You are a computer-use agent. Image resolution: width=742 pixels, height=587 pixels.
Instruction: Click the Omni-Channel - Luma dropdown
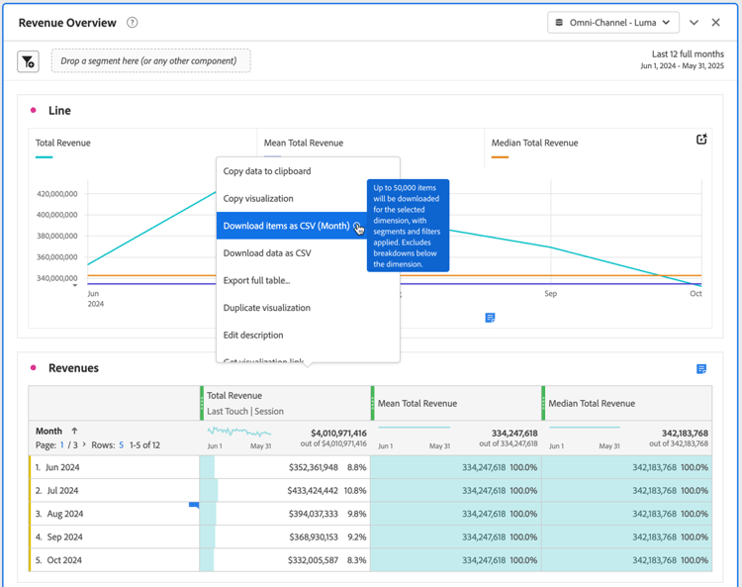coord(613,23)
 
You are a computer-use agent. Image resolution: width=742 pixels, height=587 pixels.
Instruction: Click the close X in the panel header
coord(716,23)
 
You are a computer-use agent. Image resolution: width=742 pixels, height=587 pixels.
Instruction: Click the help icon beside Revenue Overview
coord(133,23)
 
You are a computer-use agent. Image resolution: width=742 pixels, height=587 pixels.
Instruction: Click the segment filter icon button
coord(29,61)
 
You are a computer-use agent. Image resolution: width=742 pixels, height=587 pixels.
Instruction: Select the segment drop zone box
coord(150,61)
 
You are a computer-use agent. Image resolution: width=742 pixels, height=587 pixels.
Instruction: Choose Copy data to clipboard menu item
coord(267,171)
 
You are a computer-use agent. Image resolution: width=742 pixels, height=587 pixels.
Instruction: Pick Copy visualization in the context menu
coord(258,199)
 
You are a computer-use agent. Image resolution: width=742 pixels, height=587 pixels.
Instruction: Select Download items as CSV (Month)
coord(286,226)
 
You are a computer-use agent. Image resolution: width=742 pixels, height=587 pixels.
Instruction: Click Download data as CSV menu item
coord(267,253)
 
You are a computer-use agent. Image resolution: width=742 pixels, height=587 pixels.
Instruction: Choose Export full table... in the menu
coord(256,281)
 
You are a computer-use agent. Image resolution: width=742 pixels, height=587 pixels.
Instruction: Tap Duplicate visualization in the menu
coord(266,308)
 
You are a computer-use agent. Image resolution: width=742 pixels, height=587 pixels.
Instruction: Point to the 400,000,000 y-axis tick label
coord(56,215)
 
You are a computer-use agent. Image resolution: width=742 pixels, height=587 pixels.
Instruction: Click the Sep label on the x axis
coord(550,294)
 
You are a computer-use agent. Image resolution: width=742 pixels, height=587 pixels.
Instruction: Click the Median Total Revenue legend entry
coord(534,144)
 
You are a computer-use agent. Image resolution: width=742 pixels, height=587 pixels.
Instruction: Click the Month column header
coord(48,432)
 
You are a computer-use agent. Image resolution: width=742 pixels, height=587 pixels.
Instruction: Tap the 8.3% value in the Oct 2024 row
coord(356,560)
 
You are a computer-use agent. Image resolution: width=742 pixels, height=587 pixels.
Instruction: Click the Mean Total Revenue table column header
coord(417,404)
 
